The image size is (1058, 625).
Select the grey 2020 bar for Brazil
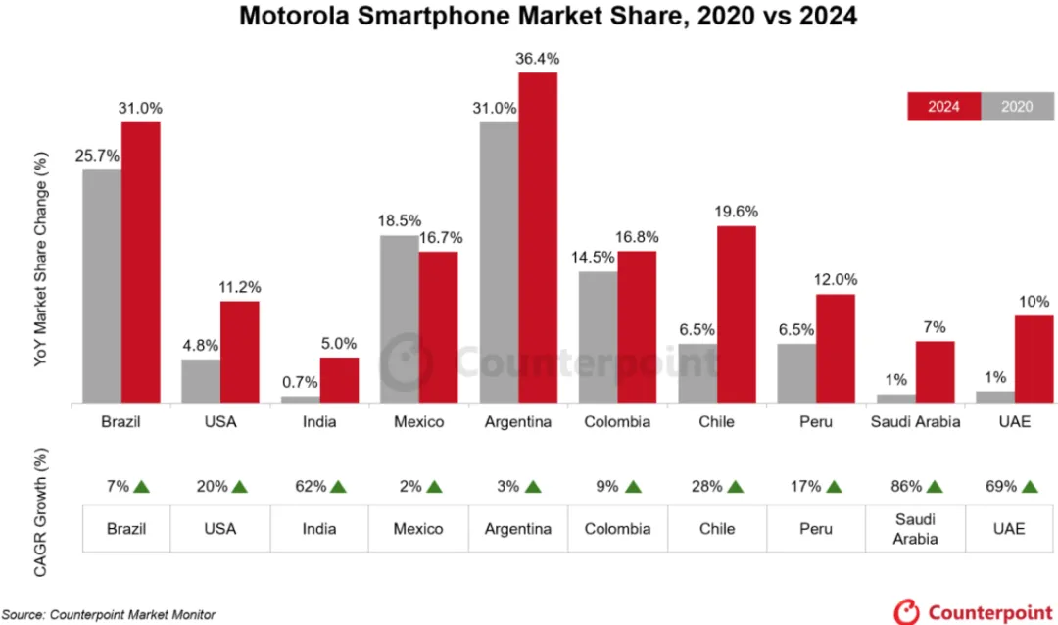point(102,286)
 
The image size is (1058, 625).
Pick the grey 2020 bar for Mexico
point(399,318)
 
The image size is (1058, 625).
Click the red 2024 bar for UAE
point(1034,359)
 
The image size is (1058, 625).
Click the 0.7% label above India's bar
point(299,383)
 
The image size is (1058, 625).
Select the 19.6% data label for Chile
point(737,212)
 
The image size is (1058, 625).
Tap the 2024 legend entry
point(942,106)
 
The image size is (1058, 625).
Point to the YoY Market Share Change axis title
point(40,260)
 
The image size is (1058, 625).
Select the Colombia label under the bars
point(617,422)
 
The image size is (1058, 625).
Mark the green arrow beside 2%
point(434,486)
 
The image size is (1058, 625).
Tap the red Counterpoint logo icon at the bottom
point(905,610)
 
